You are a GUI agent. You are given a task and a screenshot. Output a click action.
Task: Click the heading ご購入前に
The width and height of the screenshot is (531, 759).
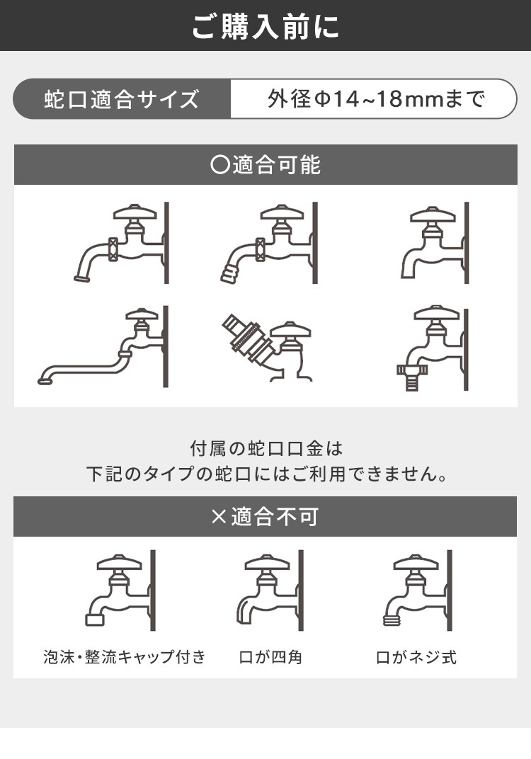pos(265,25)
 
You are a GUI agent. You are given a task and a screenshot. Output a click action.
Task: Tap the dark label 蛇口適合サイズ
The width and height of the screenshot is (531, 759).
pos(122,99)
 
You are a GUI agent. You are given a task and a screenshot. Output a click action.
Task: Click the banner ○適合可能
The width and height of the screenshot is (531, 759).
pos(265,165)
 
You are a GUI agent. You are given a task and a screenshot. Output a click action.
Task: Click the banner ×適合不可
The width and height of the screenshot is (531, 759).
pos(265,516)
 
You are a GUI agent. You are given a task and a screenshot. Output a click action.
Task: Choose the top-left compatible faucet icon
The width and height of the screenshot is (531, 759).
pos(122,244)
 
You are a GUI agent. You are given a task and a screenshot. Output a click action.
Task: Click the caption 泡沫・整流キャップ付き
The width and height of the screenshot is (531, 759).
pos(124,657)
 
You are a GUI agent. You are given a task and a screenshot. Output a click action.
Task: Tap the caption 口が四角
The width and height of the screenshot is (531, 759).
pos(270,657)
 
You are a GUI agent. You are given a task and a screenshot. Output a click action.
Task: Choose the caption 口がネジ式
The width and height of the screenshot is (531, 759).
pos(416,657)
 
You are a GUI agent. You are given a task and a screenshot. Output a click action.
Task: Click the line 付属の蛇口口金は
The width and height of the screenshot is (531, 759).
pos(265,448)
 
